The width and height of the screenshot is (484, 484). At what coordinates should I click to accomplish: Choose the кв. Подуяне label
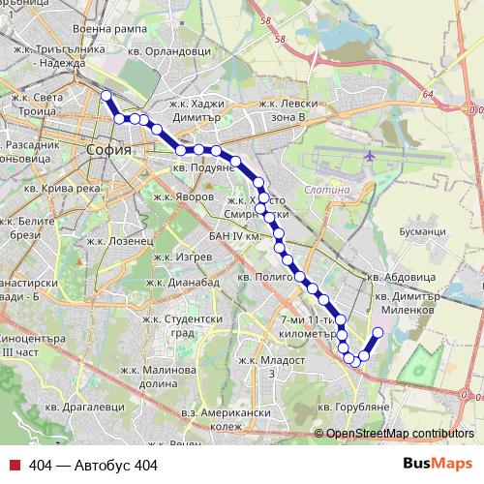tap(203, 166)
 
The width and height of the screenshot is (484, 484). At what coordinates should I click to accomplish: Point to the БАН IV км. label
tap(236, 235)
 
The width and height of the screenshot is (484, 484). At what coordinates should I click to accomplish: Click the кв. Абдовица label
tap(407, 278)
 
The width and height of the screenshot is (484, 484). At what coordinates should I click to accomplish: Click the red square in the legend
tap(14, 466)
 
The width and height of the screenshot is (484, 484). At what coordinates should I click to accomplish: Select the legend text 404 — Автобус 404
tap(93, 466)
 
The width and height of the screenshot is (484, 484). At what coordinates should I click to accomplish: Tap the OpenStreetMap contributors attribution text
tap(400, 433)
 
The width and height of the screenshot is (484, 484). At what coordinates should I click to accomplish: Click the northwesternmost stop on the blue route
tap(106, 95)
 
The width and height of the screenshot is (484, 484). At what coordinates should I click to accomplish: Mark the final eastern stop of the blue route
tap(377, 332)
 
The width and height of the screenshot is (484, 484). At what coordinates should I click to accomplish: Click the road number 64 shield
tap(428, 95)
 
